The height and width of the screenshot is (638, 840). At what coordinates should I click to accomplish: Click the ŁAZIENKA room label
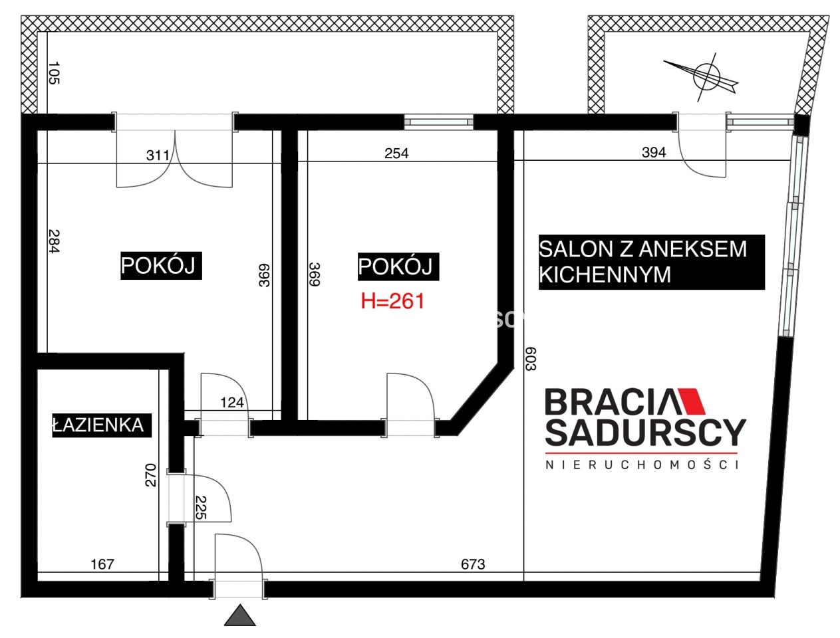101,425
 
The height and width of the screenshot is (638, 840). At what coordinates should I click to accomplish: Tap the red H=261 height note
392,301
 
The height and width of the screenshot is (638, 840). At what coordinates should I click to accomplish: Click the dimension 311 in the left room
158,156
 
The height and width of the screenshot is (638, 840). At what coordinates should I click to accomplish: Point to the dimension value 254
396,154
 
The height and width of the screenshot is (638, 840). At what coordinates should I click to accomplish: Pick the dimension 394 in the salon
654,153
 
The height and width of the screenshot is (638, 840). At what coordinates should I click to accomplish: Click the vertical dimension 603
531,359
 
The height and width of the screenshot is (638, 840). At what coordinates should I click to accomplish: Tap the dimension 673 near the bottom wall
473,564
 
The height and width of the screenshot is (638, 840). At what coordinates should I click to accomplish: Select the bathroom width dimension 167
102,564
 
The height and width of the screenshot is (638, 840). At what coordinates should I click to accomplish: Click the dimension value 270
151,475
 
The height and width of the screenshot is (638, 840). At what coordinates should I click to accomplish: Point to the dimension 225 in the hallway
201,508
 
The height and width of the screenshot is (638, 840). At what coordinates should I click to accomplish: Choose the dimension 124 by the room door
232,403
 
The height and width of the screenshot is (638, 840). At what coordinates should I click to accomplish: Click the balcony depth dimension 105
55,73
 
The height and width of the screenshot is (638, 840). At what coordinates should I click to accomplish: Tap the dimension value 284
55,241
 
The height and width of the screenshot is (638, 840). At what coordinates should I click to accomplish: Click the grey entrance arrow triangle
239,616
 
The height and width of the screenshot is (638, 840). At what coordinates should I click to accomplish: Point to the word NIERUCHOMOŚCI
642,465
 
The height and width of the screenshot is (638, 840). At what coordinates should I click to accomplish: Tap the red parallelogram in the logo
691,402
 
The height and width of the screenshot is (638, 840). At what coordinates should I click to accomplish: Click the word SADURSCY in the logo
646,433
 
